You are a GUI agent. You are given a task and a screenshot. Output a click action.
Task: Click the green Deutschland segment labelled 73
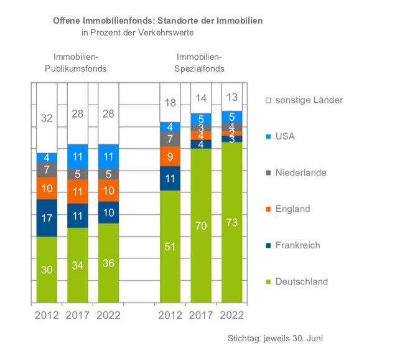[x=232, y=222]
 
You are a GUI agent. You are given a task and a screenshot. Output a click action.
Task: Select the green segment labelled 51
[x=170, y=247]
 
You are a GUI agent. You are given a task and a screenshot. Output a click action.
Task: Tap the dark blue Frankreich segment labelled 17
[x=47, y=218]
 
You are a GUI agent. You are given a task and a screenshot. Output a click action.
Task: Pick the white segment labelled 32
[x=47, y=118]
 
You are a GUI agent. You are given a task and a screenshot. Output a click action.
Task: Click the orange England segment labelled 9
[x=170, y=156]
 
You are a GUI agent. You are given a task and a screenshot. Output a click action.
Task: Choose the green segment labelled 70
[x=201, y=225]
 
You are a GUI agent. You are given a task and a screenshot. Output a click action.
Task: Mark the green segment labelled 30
[x=47, y=270]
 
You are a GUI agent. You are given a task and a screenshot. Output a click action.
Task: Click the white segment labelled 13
[x=232, y=97]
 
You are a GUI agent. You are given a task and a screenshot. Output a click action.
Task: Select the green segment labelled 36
[x=108, y=263]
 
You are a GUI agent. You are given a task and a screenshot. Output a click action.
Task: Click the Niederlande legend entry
[x=301, y=173]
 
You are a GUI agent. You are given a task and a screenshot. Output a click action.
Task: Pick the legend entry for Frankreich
[x=297, y=245]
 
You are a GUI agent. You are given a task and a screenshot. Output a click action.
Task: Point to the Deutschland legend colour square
[x=268, y=282]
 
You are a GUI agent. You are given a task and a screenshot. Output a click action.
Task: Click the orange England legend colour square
[x=268, y=209]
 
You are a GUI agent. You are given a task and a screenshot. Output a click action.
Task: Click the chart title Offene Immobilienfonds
[x=158, y=21]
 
